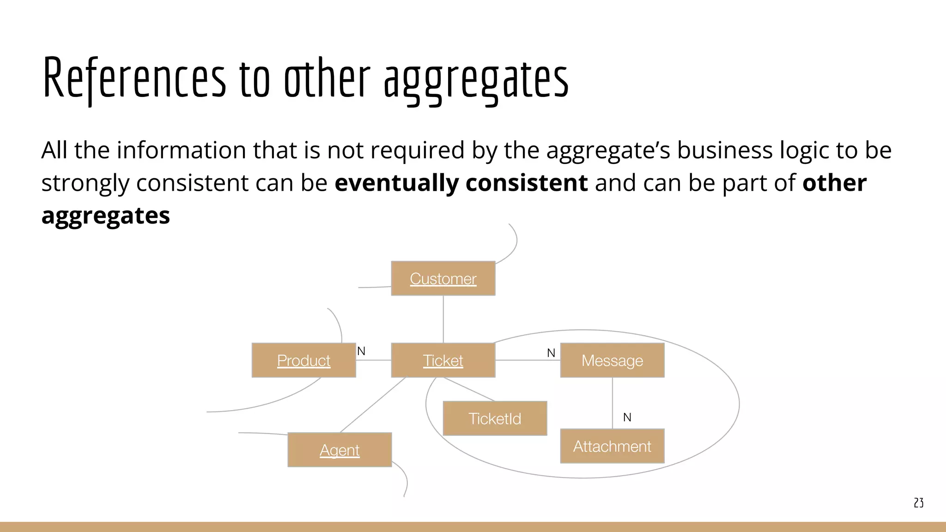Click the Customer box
pyautogui.click(x=443, y=278)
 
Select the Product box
pyautogui.click(x=303, y=360)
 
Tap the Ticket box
pyautogui.click(x=443, y=360)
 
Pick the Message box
pyautogui.click(x=612, y=360)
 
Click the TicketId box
pyautogui.click(x=495, y=418)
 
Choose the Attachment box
pyautogui.click(x=612, y=446)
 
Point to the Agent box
pyautogui.click(x=340, y=450)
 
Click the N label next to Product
pyautogui.click(x=361, y=351)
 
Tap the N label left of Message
pyautogui.click(x=551, y=353)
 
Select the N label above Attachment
pyautogui.click(x=627, y=417)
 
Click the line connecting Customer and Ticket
pyautogui.click(x=443, y=319)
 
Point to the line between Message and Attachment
pyautogui.click(x=612, y=403)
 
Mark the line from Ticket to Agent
pyautogui.click(x=373, y=405)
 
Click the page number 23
pyautogui.click(x=918, y=503)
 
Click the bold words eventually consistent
pyautogui.click(x=461, y=183)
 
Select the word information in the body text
pyautogui.click(x=183, y=151)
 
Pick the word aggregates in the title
pyautogui.click(x=476, y=81)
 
